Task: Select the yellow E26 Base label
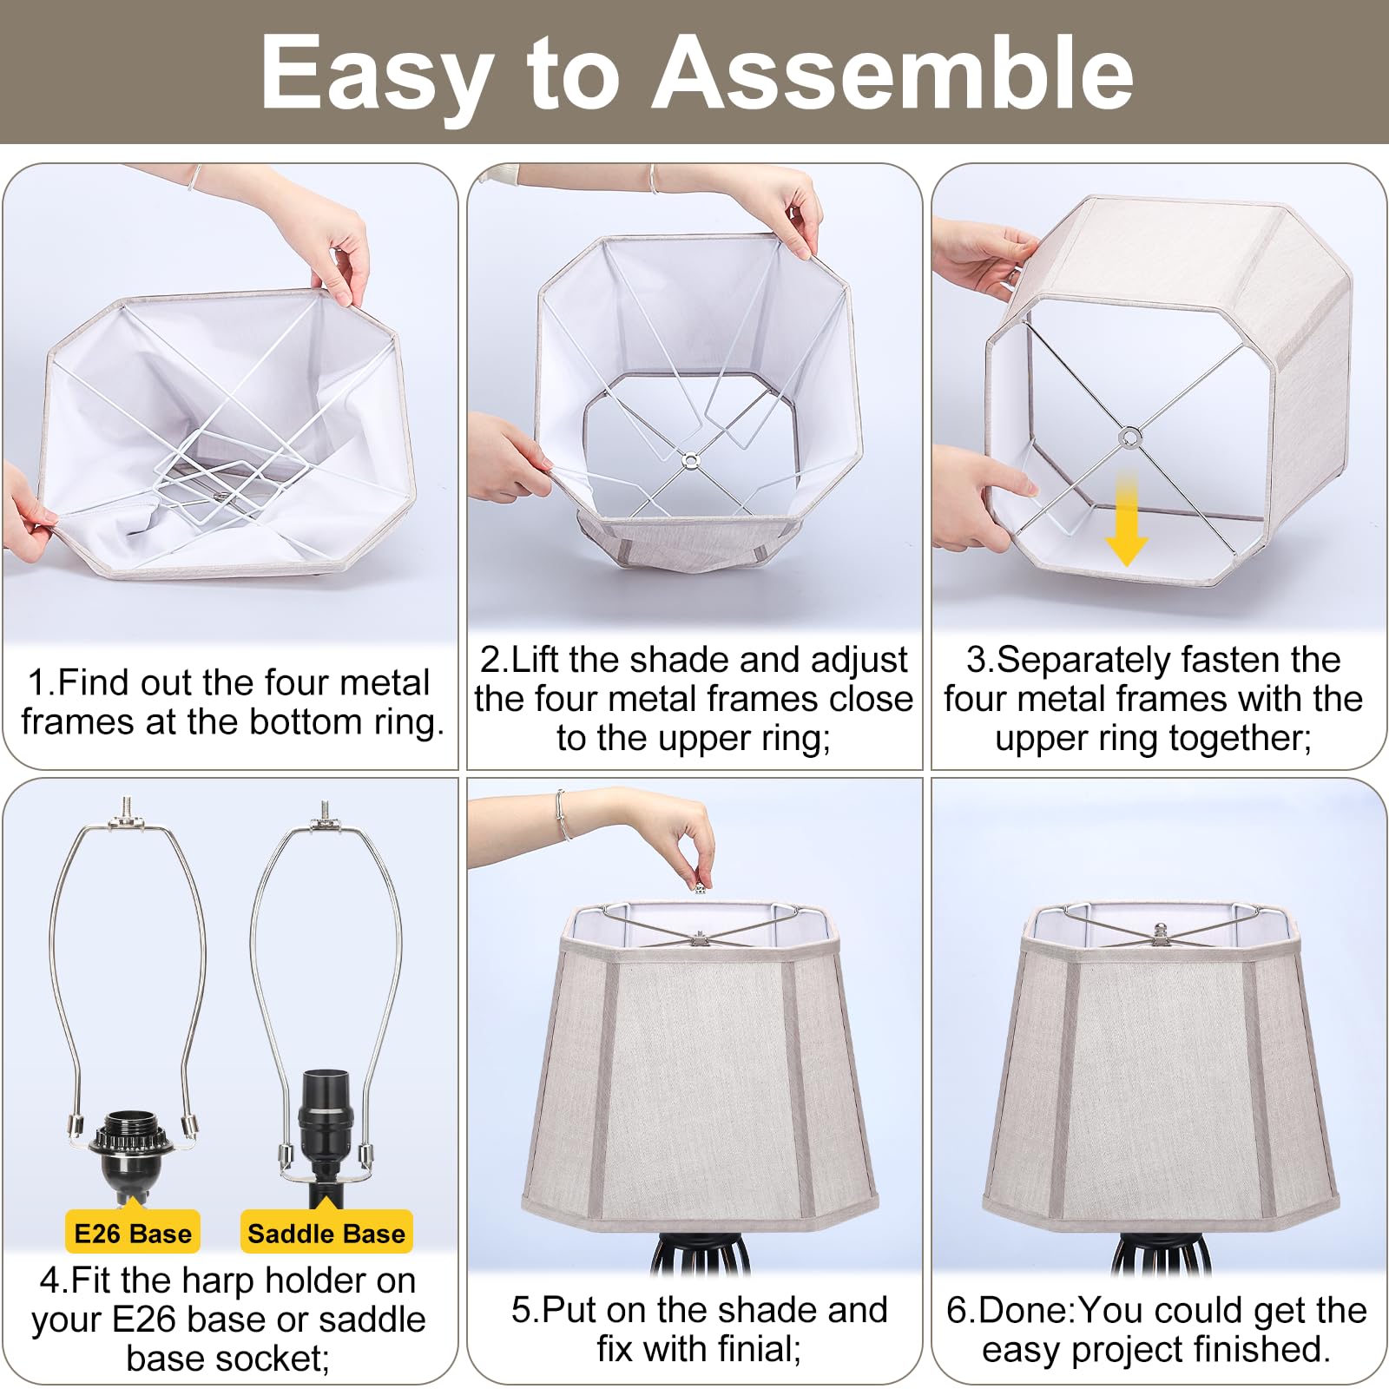pos(133,1233)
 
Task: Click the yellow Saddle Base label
pos(326,1233)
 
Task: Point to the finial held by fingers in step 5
pos(700,888)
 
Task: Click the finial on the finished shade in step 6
pos(1162,931)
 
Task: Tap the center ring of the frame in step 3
pos(1129,437)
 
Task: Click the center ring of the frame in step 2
pos(689,461)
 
